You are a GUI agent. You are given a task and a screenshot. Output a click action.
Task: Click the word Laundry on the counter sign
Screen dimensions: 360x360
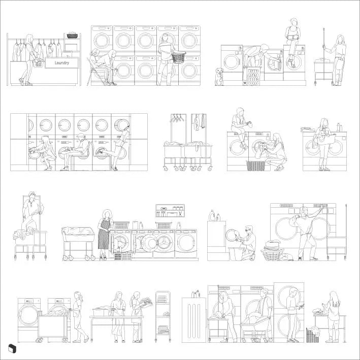pos(61,62)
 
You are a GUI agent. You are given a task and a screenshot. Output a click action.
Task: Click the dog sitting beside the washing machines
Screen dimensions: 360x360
pos(219,77)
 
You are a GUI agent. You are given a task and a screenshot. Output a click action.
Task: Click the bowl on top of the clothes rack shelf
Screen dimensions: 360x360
pos(72,36)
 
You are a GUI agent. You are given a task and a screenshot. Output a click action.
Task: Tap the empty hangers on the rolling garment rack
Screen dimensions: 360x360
pos(177,119)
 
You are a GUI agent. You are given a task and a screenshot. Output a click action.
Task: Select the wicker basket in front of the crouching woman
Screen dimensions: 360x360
pos(255,166)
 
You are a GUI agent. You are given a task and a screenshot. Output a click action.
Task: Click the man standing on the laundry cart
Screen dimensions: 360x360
pos(31,211)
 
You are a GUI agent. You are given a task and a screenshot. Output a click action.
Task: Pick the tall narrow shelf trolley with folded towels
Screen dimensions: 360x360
pos(163,315)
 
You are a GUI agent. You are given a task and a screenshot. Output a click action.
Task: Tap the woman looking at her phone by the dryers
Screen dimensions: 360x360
pos(293,315)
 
